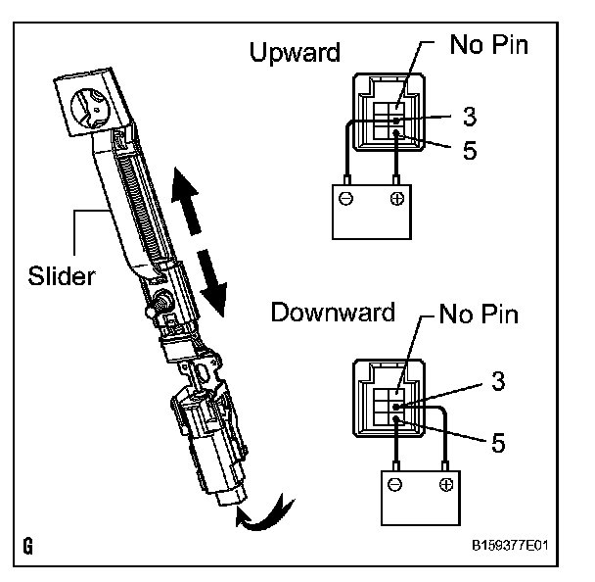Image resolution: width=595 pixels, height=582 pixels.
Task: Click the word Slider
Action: coord(61,275)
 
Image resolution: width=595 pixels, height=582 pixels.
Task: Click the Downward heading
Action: coord(332,314)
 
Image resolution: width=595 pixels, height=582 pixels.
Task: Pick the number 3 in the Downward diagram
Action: coord(498,384)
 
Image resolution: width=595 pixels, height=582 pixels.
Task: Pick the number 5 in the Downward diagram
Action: coord(498,443)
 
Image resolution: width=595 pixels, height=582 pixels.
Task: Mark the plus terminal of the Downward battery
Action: coord(446,484)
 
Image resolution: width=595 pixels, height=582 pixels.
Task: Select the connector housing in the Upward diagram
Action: coord(389,114)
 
